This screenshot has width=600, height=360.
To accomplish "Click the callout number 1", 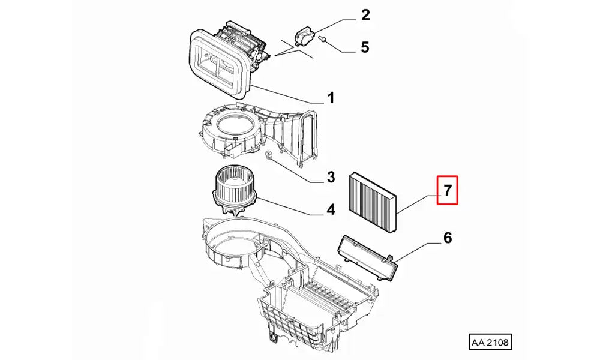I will point(330,98).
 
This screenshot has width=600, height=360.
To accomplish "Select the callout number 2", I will point(365,16).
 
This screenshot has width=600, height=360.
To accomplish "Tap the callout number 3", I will point(330,177).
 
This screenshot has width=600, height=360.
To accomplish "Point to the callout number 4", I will point(330,210).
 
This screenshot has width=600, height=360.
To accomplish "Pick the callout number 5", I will point(365,47).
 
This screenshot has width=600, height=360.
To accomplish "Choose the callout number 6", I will point(447,238).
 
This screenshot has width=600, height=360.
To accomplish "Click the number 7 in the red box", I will point(447,191).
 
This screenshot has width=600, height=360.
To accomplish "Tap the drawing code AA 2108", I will point(490,343).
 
